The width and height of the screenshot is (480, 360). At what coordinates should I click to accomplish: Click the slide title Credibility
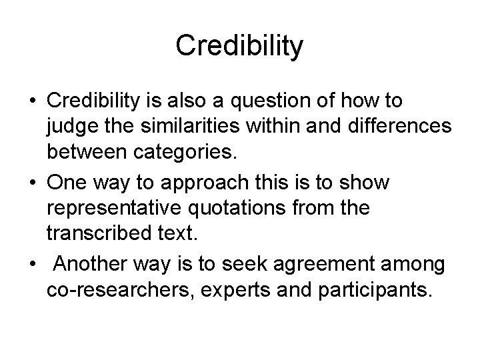coord(240,46)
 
